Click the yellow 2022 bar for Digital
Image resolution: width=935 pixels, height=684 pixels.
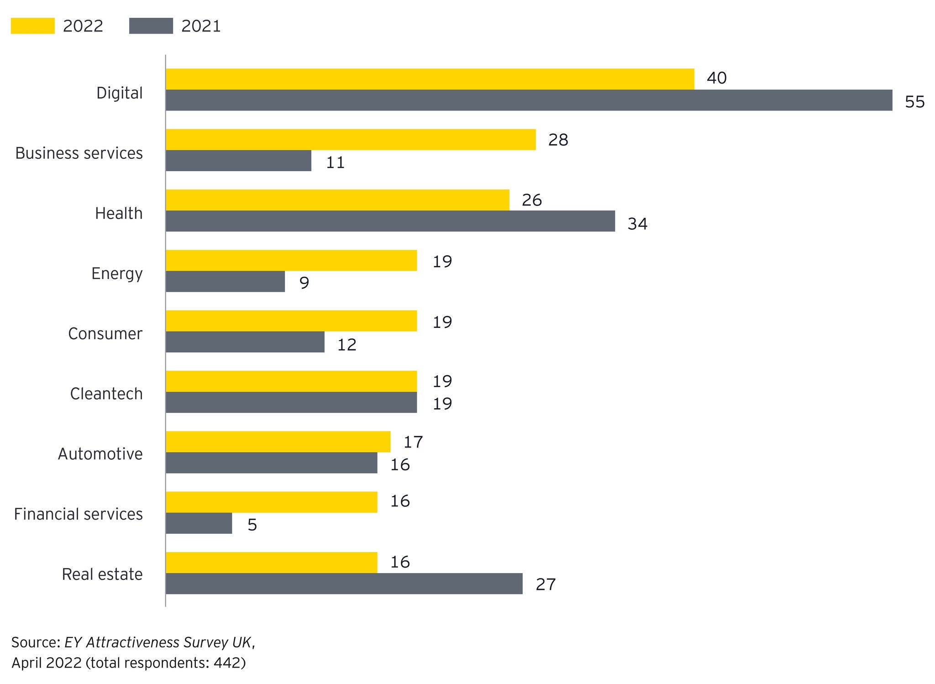429,79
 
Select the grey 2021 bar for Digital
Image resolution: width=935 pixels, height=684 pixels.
529,100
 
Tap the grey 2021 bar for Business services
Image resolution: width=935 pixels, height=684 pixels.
238,161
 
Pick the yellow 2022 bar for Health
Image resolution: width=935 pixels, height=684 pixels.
337,200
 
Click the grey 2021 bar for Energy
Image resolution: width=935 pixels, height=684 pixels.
225,281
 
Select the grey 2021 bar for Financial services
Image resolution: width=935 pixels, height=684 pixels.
199,523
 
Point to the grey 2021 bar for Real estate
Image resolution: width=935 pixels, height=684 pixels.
344,584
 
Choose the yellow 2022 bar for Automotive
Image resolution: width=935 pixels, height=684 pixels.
278,442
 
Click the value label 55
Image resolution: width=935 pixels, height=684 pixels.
914,102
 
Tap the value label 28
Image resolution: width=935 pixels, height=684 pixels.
558,140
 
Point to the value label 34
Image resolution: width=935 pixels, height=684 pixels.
637,224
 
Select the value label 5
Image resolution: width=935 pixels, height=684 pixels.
252,525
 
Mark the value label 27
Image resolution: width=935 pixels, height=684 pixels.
546,584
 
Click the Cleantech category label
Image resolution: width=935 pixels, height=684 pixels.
106,394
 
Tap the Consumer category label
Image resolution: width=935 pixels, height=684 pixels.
105,334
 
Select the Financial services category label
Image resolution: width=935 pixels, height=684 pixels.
78,514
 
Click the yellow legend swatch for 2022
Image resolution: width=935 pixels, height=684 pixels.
32,26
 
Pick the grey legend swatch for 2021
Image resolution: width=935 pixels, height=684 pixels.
151,26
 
